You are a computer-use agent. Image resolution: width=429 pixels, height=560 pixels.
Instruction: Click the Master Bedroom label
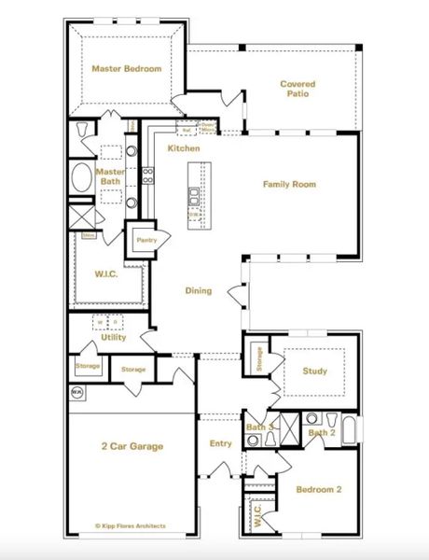point(126,69)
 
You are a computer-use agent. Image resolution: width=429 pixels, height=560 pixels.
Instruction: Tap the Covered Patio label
point(298,89)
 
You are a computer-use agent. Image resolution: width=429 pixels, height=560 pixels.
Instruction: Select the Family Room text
point(289,185)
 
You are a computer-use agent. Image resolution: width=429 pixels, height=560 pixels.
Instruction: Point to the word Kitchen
point(183,149)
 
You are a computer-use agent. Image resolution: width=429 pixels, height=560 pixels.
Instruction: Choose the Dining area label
point(198,290)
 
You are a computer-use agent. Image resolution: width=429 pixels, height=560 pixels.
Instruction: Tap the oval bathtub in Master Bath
point(81,177)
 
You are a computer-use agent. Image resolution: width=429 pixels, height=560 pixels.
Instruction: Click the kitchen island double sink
point(194,196)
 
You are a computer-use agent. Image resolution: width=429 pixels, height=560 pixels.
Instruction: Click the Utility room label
point(114,337)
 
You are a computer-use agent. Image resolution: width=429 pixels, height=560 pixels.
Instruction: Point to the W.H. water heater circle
point(76,393)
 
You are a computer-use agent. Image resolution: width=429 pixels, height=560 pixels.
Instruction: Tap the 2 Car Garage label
point(131,447)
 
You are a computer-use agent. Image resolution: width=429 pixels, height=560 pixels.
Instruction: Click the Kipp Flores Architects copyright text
point(131,525)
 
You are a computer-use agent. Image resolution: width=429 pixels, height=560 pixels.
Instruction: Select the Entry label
point(220,443)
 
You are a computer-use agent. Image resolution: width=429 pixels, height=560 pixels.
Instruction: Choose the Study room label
point(315,371)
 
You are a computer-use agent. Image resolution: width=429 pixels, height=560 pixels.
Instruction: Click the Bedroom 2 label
point(319,489)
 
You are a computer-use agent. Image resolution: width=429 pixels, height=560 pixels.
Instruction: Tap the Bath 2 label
point(322,432)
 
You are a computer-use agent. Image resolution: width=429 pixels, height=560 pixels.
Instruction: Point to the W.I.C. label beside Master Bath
point(104,274)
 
